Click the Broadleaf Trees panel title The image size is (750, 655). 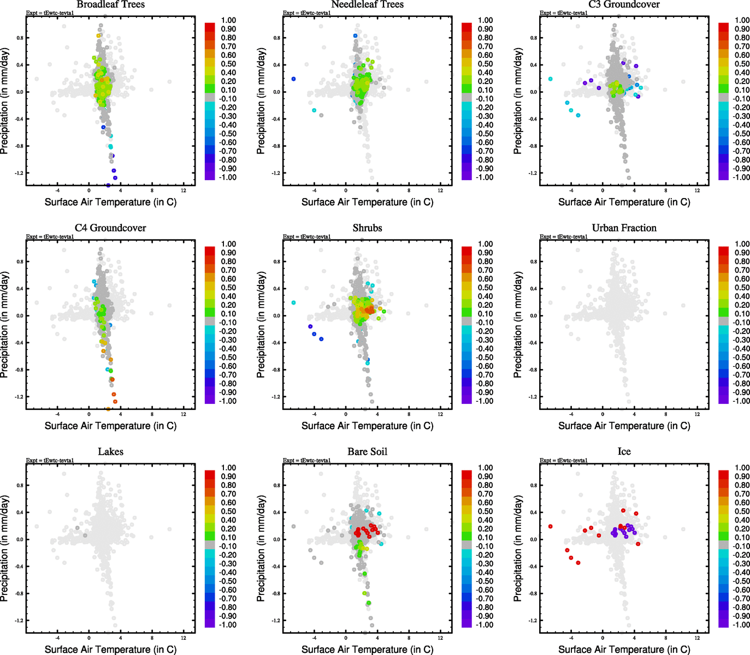coord(110,5)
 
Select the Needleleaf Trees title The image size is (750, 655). coord(367,5)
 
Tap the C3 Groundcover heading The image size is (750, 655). coord(624,5)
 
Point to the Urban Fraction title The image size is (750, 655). coord(624,228)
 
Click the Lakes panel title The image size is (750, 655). coord(110,452)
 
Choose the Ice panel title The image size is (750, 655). coord(624,452)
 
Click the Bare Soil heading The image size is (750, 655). coord(367,452)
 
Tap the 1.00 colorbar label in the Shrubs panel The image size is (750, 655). coord(486,244)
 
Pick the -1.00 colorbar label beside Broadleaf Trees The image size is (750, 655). coord(228,177)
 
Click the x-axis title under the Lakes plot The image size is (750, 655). coord(110,649)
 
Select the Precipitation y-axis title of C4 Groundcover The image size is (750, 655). coord(5,325)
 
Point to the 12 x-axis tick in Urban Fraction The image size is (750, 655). coord(697,414)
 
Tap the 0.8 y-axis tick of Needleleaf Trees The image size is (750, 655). coord(277,38)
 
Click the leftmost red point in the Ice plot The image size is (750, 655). coord(550,526)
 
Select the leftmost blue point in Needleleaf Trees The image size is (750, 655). coord(293,79)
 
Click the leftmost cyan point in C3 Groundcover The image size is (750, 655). coord(550,79)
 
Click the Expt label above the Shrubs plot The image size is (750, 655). coord(306,237)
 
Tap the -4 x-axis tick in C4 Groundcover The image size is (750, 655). coord(57,414)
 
